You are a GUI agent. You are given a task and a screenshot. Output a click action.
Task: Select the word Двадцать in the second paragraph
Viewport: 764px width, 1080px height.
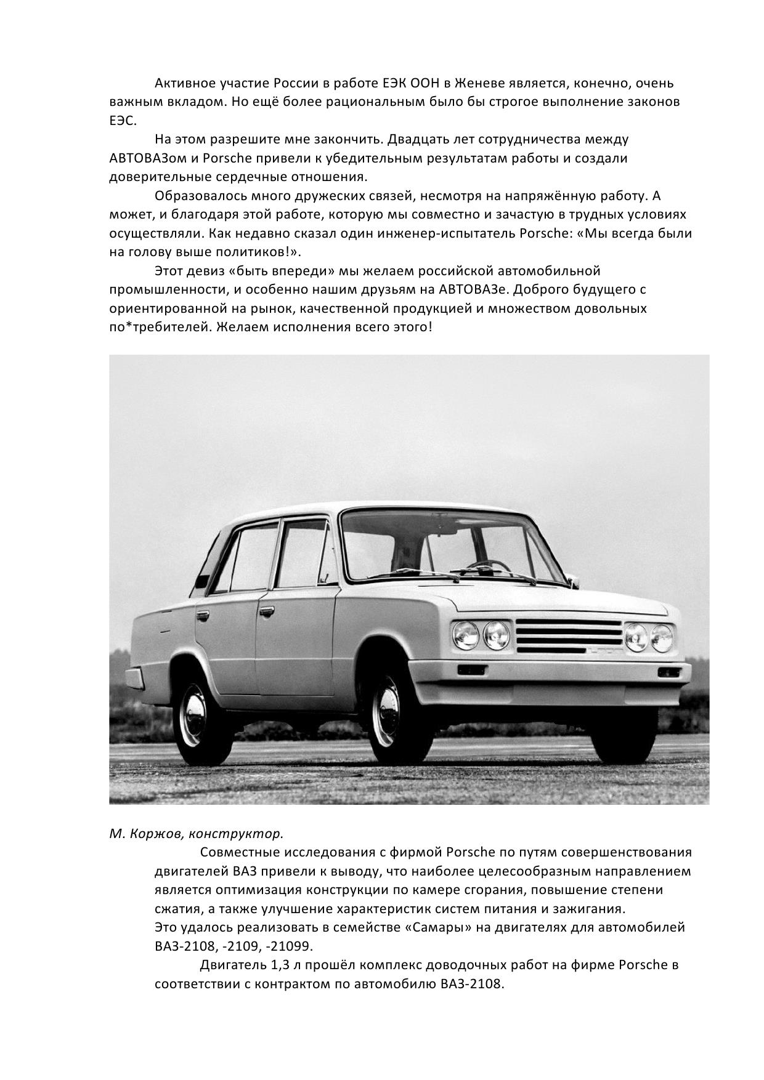point(412,140)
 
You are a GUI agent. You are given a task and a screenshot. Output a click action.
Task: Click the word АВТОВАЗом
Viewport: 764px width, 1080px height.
point(147,158)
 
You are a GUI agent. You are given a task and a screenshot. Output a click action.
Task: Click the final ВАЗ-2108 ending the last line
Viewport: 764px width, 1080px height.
point(472,983)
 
